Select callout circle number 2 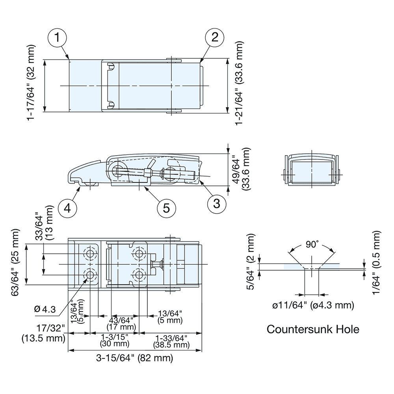click(215, 38)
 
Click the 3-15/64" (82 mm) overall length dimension click(135, 358)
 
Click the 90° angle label click(311, 245)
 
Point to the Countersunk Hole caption click(313, 329)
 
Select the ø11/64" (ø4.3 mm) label click(313, 305)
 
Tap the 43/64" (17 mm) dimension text click(121, 323)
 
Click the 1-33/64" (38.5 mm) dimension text click(170, 341)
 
